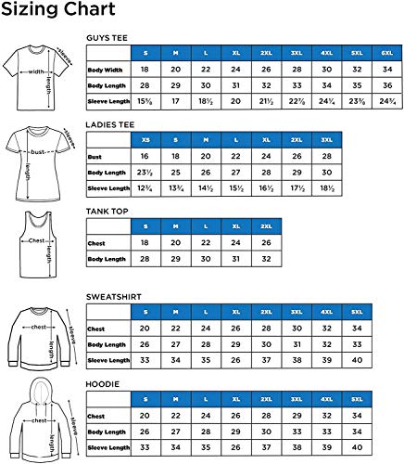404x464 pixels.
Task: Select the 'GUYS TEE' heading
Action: point(107,37)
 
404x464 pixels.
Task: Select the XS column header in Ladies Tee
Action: point(145,139)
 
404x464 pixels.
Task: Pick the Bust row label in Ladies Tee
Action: point(95,157)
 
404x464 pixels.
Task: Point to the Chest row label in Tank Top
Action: point(96,242)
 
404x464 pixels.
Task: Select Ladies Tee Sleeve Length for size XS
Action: point(145,189)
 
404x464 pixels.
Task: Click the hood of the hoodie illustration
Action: point(37,391)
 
